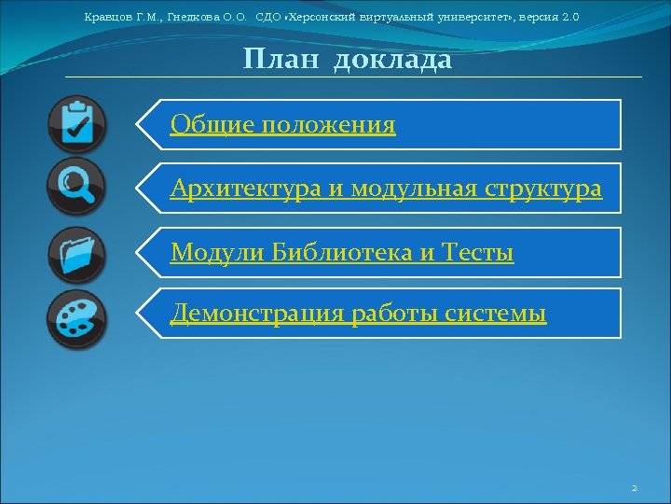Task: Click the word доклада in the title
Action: pyautogui.click(x=392, y=61)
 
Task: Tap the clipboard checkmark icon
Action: pyautogui.click(x=76, y=123)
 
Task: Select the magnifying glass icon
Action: pyautogui.click(x=76, y=187)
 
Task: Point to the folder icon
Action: pyautogui.click(x=76, y=254)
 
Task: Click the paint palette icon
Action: pyautogui.click(x=76, y=318)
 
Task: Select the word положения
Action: pyautogui.click(x=328, y=125)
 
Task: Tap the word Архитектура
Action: pyautogui.click(x=246, y=189)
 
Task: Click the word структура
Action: pyautogui.click(x=544, y=189)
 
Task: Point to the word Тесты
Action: pyautogui.click(x=477, y=252)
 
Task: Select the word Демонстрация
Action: pyautogui.click(x=257, y=315)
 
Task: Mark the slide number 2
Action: pyautogui.click(x=634, y=488)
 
